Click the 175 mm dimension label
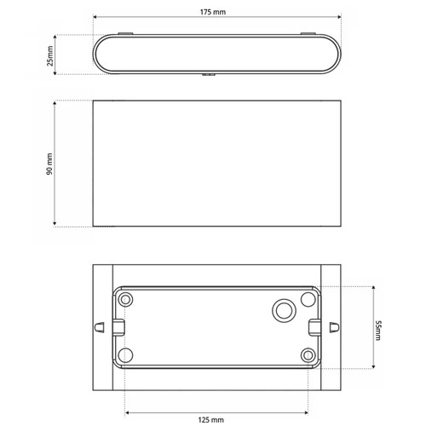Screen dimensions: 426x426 (213, 12)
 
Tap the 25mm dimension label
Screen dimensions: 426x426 (50, 56)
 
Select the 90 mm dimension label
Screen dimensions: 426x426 (49, 164)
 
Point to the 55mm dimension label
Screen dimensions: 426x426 (378, 331)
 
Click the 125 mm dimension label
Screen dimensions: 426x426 (210, 419)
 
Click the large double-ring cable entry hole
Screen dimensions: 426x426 (284, 310)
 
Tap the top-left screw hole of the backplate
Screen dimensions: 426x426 (125, 299)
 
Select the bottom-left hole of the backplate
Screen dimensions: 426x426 (125, 355)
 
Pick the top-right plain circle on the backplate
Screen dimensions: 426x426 (308, 299)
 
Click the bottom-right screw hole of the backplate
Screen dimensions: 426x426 (308, 355)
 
